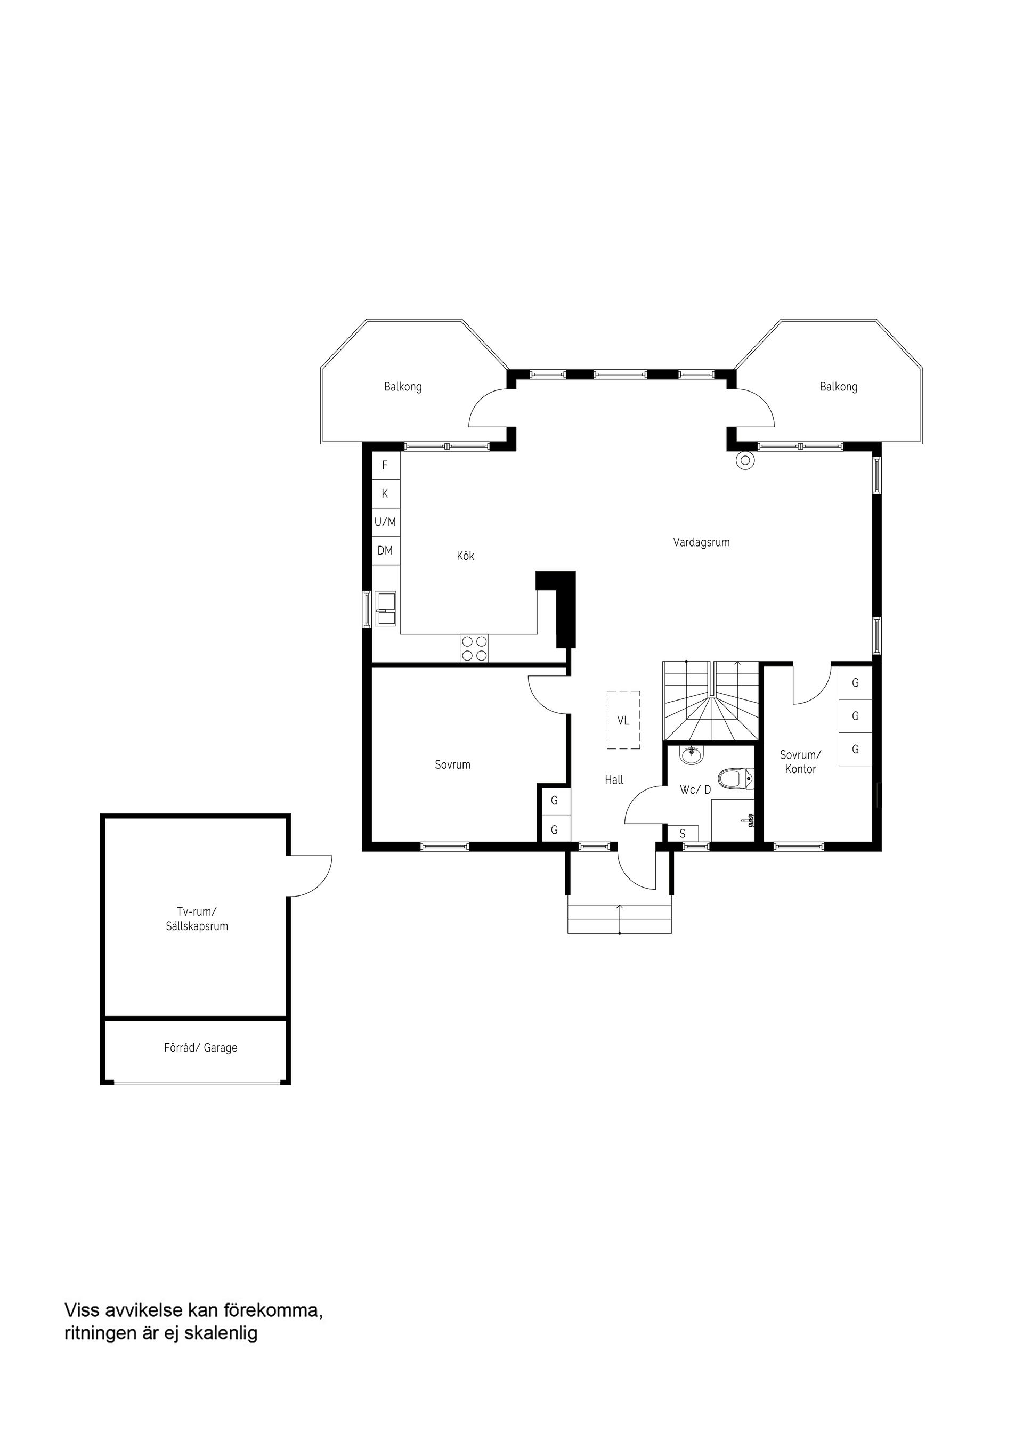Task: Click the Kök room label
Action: (466, 556)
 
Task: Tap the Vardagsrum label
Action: (701, 542)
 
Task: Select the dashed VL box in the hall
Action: (623, 720)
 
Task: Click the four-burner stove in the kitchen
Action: (474, 648)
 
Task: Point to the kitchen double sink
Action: (386, 608)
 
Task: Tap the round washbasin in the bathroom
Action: (692, 753)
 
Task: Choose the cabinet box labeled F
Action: (385, 466)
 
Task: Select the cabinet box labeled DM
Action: (385, 550)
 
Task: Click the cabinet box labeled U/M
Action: (385, 522)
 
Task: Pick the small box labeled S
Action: (682, 833)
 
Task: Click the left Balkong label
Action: (402, 387)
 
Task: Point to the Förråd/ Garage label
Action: (200, 1047)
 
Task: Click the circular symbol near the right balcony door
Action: (745, 460)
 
